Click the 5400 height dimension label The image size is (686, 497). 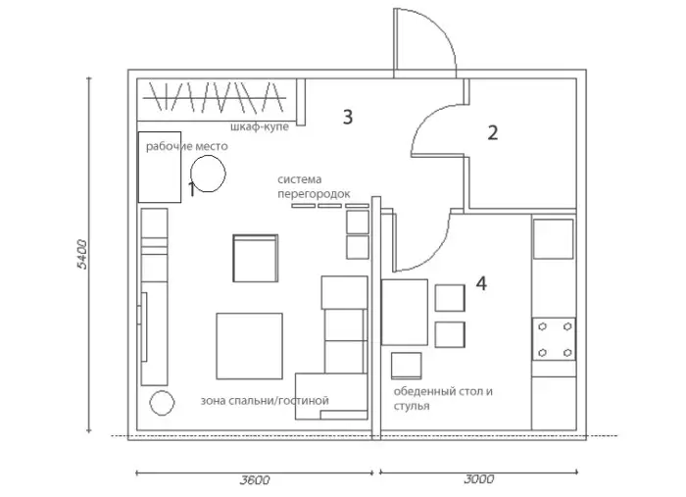click(x=81, y=254)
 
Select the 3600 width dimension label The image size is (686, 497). click(x=255, y=480)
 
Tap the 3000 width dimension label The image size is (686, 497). click(x=479, y=479)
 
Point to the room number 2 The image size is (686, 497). click(x=493, y=133)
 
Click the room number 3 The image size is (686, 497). click(x=347, y=117)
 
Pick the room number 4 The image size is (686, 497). click(x=481, y=283)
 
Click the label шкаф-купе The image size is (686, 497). click(x=260, y=126)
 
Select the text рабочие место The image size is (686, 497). click(x=187, y=146)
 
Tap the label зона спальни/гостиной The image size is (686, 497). click(x=265, y=401)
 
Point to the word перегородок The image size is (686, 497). click(x=315, y=194)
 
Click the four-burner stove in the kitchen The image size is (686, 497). click(x=554, y=339)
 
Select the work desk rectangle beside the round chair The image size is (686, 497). click(x=160, y=167)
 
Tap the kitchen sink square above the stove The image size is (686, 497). click(x=554, y=239)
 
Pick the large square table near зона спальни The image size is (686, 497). click(x=249, y=346)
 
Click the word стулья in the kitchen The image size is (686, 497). click(x=412, y=406)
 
